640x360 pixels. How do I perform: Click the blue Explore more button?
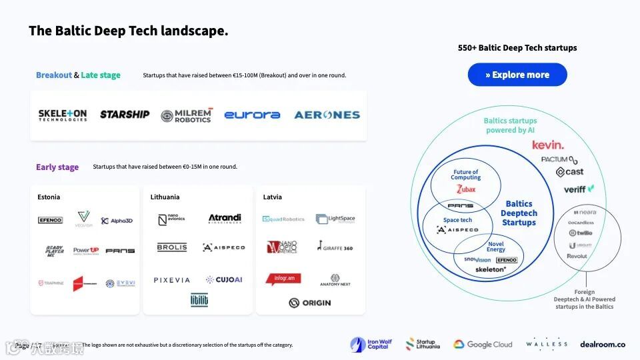coord(517,75)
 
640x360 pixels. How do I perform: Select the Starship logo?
coord(125,115)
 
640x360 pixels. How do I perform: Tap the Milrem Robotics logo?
coord(187,115)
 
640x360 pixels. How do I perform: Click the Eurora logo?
coord(252,115)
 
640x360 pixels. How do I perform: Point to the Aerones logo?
coord(327,115)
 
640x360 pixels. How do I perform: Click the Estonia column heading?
coord(49,197)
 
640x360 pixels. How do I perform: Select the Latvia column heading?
coord(272,197)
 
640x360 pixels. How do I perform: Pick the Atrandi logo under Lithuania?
coord(225,219)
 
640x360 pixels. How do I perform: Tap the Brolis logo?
coord(172,247)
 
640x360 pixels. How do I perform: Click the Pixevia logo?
coord(172,280)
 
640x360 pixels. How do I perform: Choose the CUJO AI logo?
coord(224,280)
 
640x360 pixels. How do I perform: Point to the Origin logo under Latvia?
coord(310,303)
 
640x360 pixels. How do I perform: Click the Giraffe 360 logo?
coord(335,247)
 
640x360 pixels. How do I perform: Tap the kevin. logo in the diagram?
coord(548,145)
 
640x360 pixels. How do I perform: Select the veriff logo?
coord(578,189)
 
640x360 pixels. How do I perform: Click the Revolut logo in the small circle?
coord(577,256)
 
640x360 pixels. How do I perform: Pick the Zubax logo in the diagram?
coord(466,190)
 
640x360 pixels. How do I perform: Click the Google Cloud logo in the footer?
coord(483,344)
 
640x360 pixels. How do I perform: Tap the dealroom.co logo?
coord(603,344)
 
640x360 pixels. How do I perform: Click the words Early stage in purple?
coord(57,167)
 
